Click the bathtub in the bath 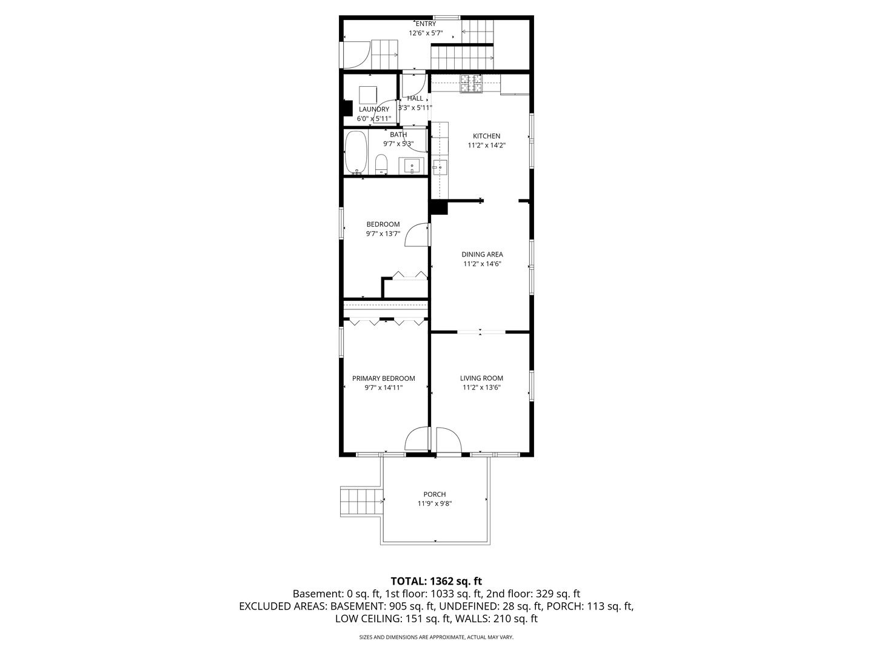[355, 152]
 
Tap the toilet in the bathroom [381, 164]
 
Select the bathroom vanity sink [411, 166]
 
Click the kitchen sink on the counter [440, 167]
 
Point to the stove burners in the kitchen [471, 84]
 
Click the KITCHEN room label [486, 136]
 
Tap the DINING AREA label [482, 254]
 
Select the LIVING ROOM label [481, 378]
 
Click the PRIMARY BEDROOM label [383, 378]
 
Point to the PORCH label [434, 494]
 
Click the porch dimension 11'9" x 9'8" [434, 503]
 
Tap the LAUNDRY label [374, 109]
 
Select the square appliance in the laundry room [368, 95]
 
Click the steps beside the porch [361, 502]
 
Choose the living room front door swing [449, 440]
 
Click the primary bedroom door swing [417, 440]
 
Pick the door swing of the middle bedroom [416, 235]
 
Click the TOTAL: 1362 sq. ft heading [436, 581]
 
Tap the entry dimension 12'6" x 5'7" [426, 33]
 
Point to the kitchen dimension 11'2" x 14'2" [486, 145]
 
